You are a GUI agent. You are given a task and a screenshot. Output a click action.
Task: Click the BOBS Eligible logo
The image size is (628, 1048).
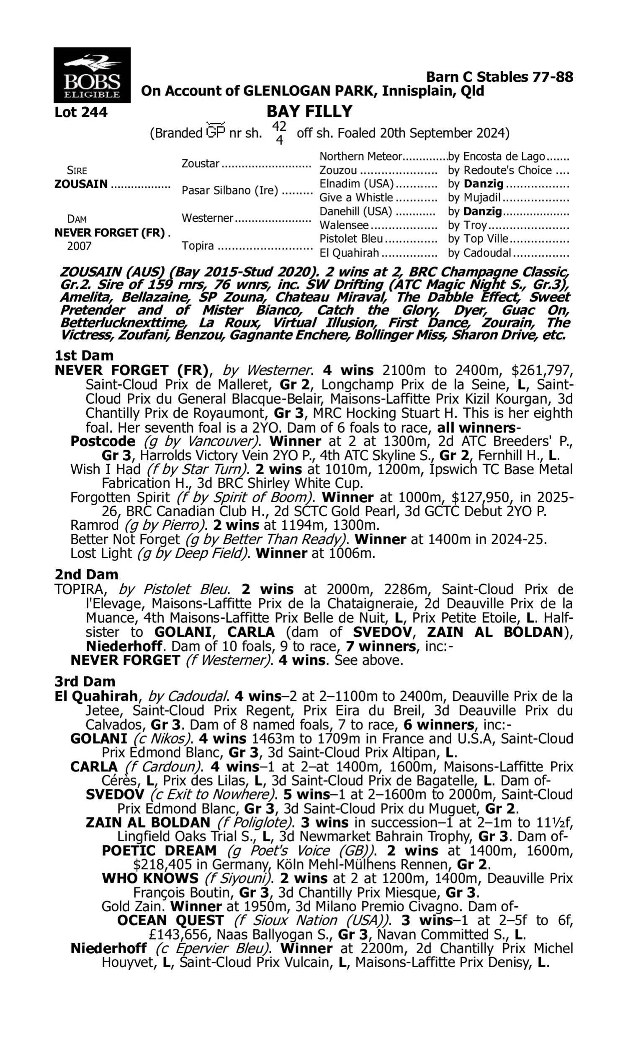92,75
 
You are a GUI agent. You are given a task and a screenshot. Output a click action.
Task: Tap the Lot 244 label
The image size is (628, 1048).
81,113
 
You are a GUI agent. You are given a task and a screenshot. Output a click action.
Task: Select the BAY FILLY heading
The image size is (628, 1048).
309,112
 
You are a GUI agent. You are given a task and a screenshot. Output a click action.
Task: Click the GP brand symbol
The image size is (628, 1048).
215,131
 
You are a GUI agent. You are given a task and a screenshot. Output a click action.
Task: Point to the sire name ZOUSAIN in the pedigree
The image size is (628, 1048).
81,184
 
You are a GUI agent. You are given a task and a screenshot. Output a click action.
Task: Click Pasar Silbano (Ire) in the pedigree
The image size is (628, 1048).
230,191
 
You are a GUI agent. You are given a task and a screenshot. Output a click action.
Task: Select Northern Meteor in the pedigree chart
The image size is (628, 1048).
360,157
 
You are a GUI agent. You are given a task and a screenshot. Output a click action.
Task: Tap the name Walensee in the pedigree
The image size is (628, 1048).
344,226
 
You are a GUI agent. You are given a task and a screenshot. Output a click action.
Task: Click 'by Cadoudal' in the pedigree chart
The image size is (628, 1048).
479,253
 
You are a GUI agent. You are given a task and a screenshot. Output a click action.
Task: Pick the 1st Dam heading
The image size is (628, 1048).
84,355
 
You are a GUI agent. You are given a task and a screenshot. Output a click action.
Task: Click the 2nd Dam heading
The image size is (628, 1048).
86,574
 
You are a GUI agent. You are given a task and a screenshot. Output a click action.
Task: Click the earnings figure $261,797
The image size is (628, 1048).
542,371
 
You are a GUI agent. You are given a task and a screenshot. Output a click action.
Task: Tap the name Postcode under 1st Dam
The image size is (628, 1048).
103,441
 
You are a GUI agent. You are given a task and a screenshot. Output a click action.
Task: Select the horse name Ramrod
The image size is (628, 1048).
94,525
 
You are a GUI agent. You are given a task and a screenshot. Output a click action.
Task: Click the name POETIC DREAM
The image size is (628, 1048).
159,851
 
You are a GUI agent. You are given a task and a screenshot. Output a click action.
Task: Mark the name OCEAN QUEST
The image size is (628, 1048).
170,921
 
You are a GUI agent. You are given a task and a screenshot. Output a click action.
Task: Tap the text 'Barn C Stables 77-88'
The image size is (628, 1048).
499,77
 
